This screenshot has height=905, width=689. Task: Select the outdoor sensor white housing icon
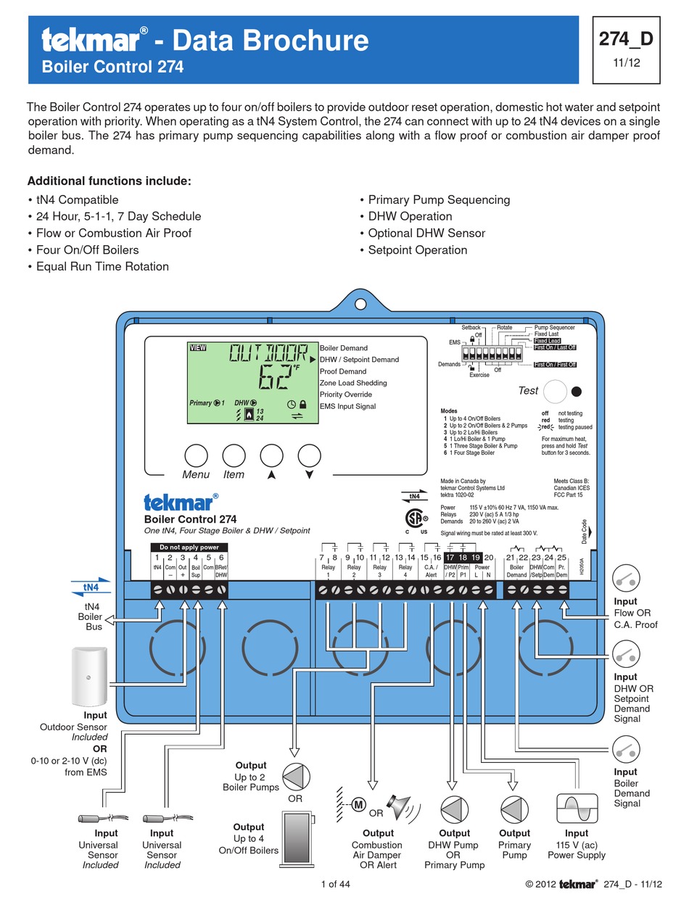tap(89, 676)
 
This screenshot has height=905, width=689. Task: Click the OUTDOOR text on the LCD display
tap(268, 354)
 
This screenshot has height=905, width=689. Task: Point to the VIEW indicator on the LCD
tap(198, 347)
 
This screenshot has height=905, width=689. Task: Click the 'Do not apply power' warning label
tap(189, 547)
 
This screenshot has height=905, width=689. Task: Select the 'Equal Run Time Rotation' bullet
tap(102, 267)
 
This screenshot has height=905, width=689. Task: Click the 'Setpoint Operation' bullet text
tap(417, 250)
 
